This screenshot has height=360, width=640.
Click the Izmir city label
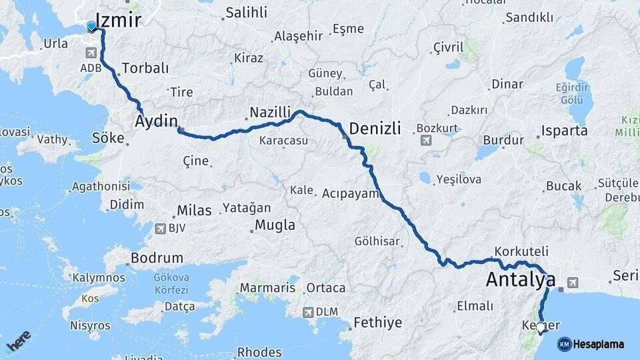coord(119,19)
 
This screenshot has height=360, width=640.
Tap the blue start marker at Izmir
coord(91,27)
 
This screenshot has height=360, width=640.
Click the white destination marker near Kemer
coord(541,327)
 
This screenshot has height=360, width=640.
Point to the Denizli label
coord(375,128)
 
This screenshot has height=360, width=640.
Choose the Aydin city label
coord(157,121)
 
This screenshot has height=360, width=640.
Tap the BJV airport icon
coord(160,229)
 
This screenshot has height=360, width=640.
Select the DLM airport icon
coord(307,311)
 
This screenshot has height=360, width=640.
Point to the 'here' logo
coord(19,340)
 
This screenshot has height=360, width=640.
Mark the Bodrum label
coord(157,258)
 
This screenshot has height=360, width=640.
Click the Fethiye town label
coord(377,323)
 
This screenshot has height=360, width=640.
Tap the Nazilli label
coord(270,111)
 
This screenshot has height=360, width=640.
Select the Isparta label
coord(564,131)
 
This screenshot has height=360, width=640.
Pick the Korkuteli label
coord(521,251)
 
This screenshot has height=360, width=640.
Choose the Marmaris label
coord(267,288)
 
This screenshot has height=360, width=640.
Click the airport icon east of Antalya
coord(570,283)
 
